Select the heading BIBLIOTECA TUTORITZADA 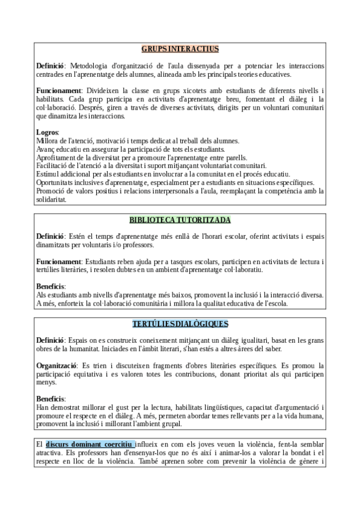pos(180,220)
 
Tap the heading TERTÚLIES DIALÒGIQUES pos(180,324)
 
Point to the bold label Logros pos(47,132)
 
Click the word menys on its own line pos(46,382)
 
